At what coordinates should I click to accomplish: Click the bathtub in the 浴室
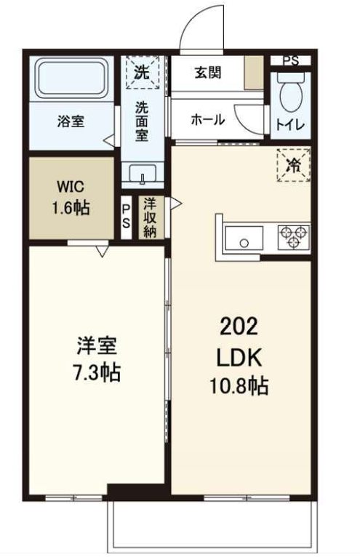tap(71, 79)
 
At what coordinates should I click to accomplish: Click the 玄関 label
tap(207, 73)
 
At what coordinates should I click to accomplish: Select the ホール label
tap(208, 120)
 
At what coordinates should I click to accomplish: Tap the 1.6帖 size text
tap(71, 208)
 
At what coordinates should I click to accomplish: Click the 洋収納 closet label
tap(151, 216)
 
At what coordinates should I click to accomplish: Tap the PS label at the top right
tap(290, 60)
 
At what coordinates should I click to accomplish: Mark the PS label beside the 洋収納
tap(127, 217)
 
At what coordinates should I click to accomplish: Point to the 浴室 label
tap(71, 121)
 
